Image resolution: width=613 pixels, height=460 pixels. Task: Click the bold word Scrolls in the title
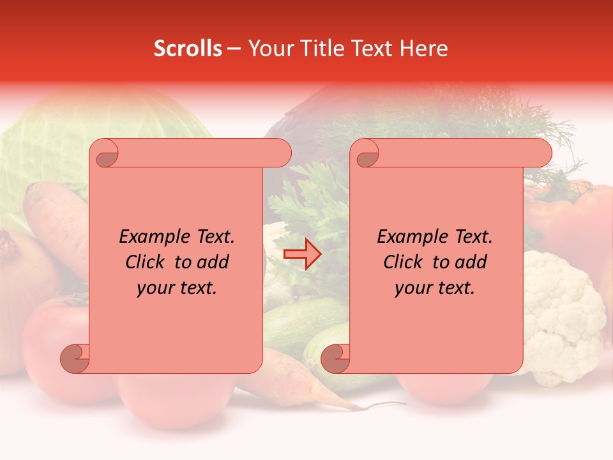click(x=188, y=49)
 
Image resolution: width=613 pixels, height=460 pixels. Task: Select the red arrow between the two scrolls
click(x=302, y=254)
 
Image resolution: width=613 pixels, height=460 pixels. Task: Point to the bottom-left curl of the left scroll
click(x=74, y=358)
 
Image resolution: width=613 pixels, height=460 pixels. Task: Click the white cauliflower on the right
click(x=562, y=313)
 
